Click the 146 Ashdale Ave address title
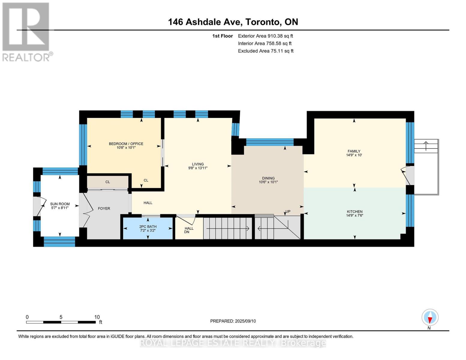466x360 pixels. [x=233, y=22]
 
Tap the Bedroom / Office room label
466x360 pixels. [x=126, y=144]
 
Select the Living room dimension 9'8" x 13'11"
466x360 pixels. [x=198, y=168]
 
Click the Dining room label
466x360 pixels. [x=268, y=178]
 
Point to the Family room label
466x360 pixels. [x=354, y=151]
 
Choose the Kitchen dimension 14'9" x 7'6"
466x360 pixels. [x=354, y=215]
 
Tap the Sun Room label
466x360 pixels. [x=60, y=204]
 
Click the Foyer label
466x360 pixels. [x=104, y=208]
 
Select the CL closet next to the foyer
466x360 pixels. [x=107, y=182]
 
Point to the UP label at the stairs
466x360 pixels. [x=288, y=211]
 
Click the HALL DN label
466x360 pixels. [x=189, y=230]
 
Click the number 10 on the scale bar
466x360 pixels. [x=97, y=317]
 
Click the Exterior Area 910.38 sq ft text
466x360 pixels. [x=265, y=36]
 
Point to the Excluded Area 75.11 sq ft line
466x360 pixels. [x=266, y=51]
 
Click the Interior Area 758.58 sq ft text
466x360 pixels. [x=265, y=43]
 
